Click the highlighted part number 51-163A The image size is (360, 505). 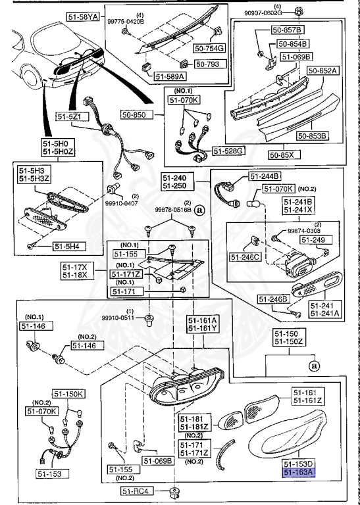pos(299,472)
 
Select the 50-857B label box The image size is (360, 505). pos(290,30)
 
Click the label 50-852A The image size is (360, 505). pos(322,70)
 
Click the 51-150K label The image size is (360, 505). pos(69,394)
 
